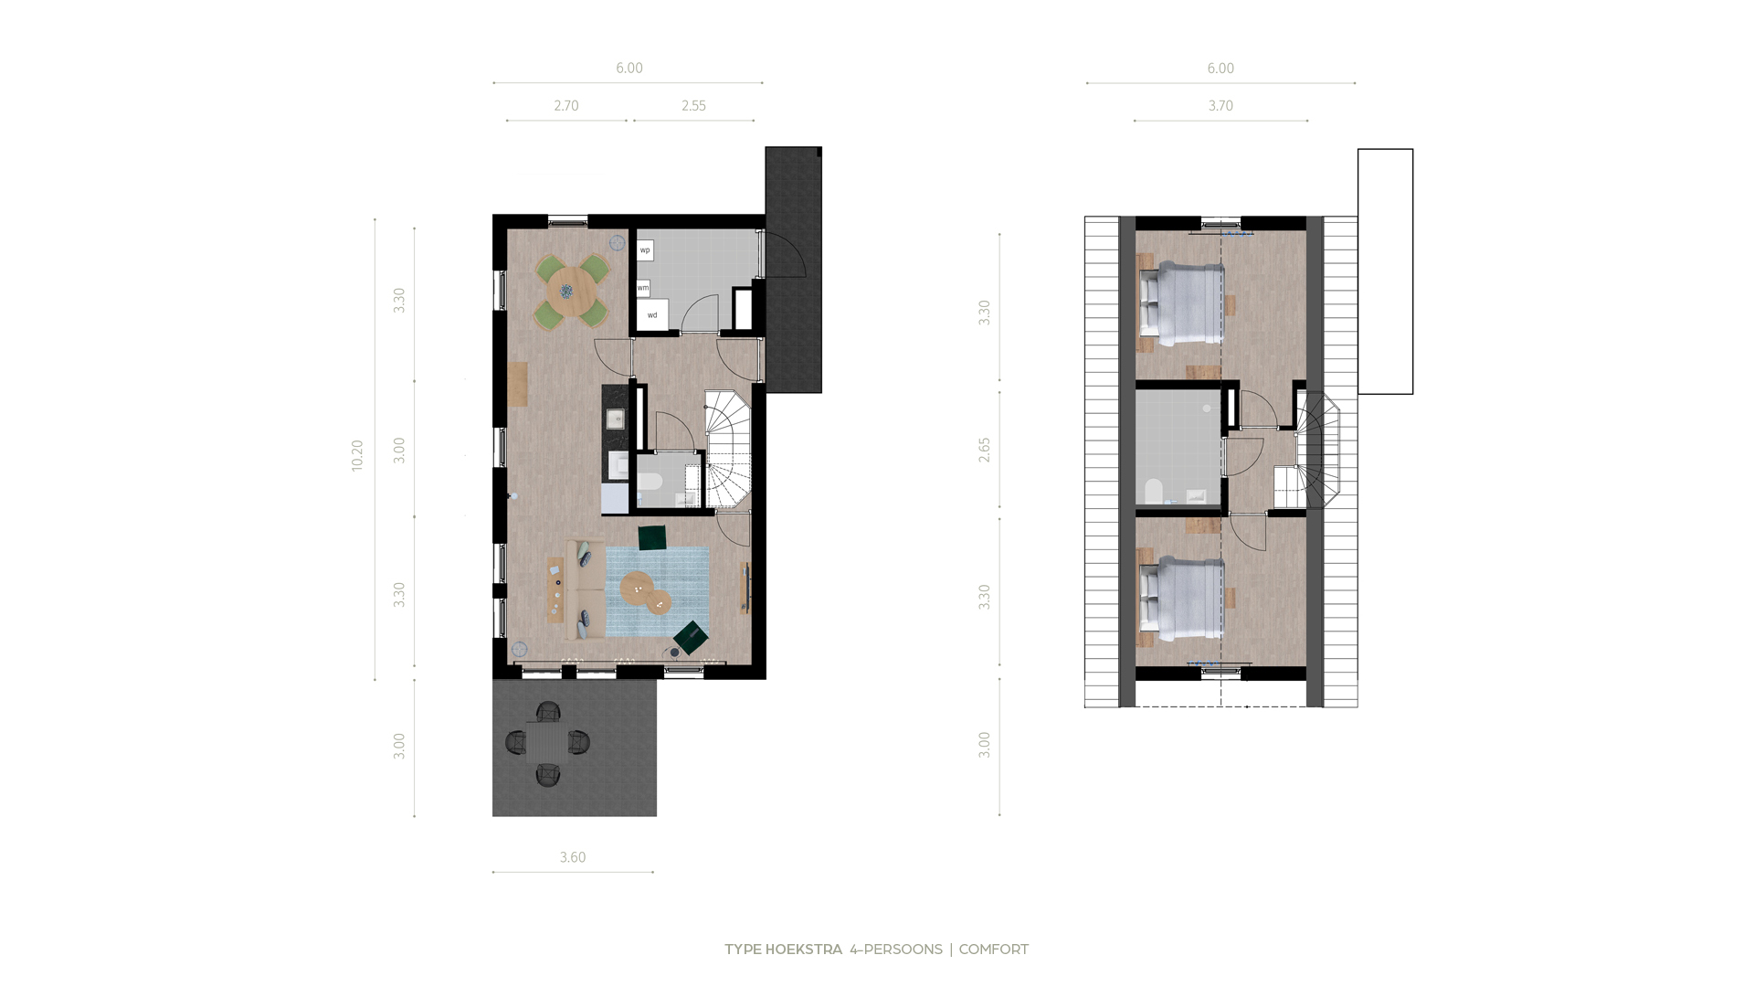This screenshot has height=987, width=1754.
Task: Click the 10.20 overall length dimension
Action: (357, 455)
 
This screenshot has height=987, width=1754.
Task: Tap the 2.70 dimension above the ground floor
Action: (566, 106)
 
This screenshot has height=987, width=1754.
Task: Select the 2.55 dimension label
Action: (693, 106)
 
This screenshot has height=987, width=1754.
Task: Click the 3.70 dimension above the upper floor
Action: (1220, 106)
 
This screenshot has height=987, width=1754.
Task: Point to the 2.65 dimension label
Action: (984, 450)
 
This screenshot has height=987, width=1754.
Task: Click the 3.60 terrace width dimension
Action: (573, 857)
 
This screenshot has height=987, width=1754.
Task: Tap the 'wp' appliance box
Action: (645, 250)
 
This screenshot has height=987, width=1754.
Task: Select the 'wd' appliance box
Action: (652, 314)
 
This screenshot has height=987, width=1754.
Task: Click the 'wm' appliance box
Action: (643, 288)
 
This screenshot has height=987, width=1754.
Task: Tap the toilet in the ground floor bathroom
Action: (650, 484)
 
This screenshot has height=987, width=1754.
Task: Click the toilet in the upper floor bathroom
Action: (1153, 492)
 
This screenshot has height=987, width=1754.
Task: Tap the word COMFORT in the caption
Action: (993, 950)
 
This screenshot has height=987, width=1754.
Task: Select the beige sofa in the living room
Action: (585, 589)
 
